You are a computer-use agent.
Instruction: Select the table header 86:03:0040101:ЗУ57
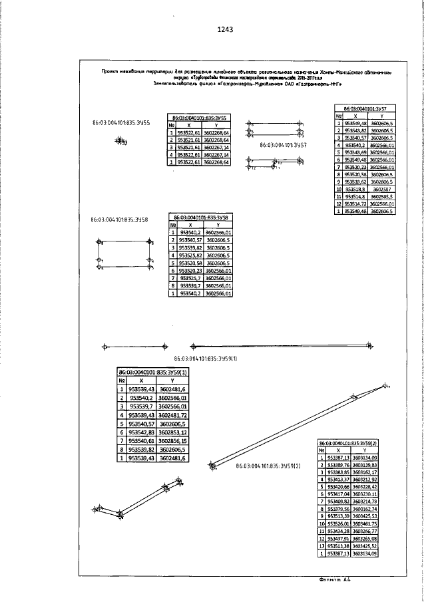click(x=365, y=107)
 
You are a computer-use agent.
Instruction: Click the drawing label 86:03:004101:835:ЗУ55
click(x=120, y=123)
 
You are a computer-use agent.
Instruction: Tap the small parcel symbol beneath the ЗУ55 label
click(x=120, y=141)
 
